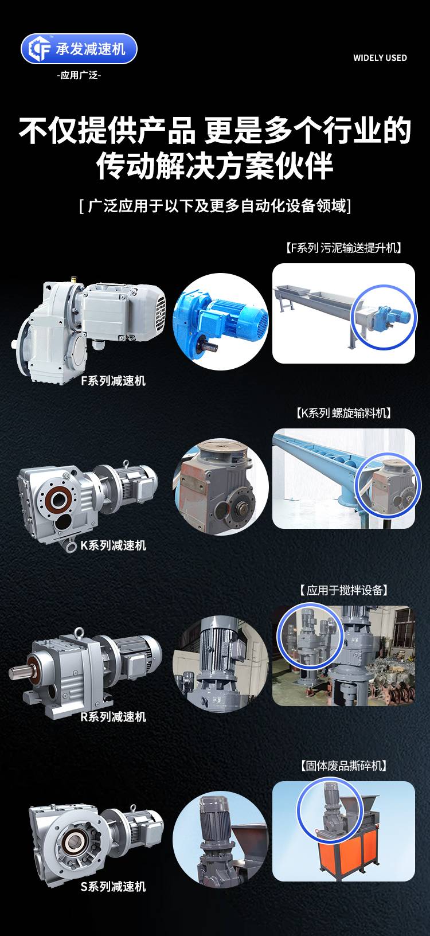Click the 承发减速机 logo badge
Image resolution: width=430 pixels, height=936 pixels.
point(79,49)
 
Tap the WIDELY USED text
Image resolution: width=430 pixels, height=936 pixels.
point(380,58)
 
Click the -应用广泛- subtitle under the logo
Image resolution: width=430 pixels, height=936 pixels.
point(79,75)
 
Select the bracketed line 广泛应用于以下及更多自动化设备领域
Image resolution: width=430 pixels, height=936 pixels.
point(215,205)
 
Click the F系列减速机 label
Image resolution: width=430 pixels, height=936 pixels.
point(114,381)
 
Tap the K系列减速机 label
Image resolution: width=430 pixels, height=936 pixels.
point(114,545)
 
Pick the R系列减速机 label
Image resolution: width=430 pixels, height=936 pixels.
point(114,717)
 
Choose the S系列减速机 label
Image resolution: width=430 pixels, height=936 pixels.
point(114,886)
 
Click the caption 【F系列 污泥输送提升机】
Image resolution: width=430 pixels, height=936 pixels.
point(343,248)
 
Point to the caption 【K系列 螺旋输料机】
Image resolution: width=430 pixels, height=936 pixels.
point(343,414)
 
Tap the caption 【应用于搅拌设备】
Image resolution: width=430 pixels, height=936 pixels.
point(343,590)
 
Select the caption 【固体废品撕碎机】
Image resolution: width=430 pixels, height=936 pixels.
point(343,766)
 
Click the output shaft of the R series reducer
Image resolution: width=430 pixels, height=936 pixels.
point(18,672)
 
